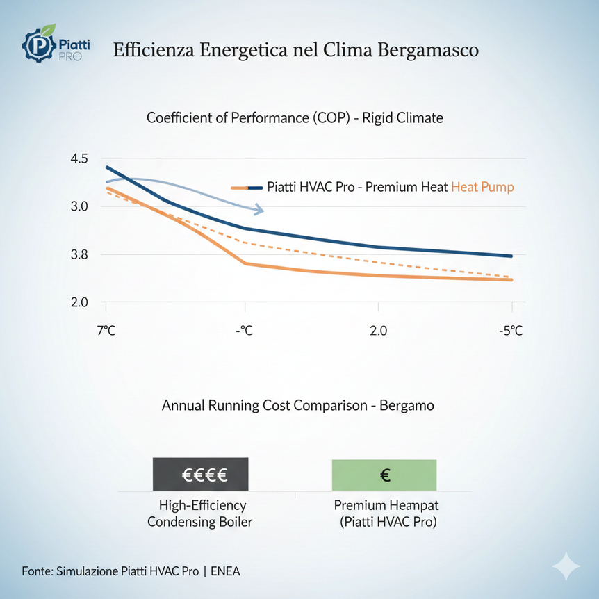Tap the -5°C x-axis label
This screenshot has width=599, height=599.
coord(511,330)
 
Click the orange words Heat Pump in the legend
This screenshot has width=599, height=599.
coord(482,187)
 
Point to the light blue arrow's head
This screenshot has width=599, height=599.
coord(259,209)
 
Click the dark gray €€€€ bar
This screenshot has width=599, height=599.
coord(200,475)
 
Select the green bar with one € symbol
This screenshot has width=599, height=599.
coord(384,475)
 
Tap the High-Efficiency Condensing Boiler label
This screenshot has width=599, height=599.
coord(200,514)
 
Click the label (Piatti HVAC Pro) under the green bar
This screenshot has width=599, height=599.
coord(384,523)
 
